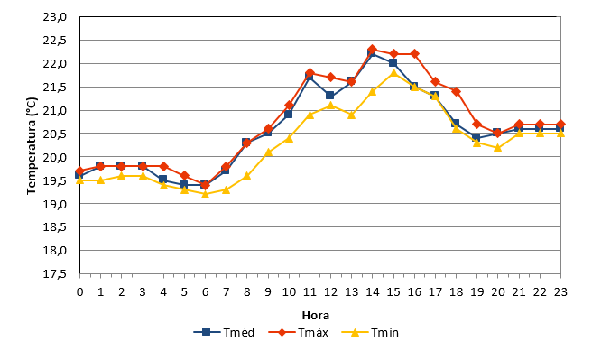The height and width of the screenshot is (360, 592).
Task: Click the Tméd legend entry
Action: coord(224,332)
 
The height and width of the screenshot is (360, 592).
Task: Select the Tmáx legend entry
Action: coord(299,332)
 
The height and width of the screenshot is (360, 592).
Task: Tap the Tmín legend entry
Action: coord(370,332)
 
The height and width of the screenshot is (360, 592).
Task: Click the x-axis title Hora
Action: coord(316,315)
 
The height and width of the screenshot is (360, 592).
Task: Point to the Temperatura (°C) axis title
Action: coord(32,146)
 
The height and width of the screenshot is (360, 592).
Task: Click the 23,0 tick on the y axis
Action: coord(55,17)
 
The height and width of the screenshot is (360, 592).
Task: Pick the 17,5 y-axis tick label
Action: coord(55,273)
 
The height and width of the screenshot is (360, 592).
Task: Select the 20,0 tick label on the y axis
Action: coord(55,157)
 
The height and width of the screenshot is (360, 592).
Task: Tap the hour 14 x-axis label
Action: coord(373,292)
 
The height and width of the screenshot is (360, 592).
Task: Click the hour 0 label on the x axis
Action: coord(79,292)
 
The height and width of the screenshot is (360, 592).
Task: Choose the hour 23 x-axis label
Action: coord(560,292)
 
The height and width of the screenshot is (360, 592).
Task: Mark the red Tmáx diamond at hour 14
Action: coord(373,49)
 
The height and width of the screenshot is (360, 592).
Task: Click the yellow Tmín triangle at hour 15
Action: coord(393,72)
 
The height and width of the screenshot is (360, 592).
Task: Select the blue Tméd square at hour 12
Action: coord(330,96)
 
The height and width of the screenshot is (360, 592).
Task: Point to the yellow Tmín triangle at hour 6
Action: coord(206,194)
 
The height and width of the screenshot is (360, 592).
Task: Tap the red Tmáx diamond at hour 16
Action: coord(414,53)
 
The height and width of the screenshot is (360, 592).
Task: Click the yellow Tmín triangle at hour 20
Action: coord(497,147)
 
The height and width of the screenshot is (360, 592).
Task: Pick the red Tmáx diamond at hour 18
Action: coord(456,91)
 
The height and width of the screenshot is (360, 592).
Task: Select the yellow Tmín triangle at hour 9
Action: coord(268,152)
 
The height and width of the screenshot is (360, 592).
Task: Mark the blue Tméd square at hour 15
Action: coord(393,62)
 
